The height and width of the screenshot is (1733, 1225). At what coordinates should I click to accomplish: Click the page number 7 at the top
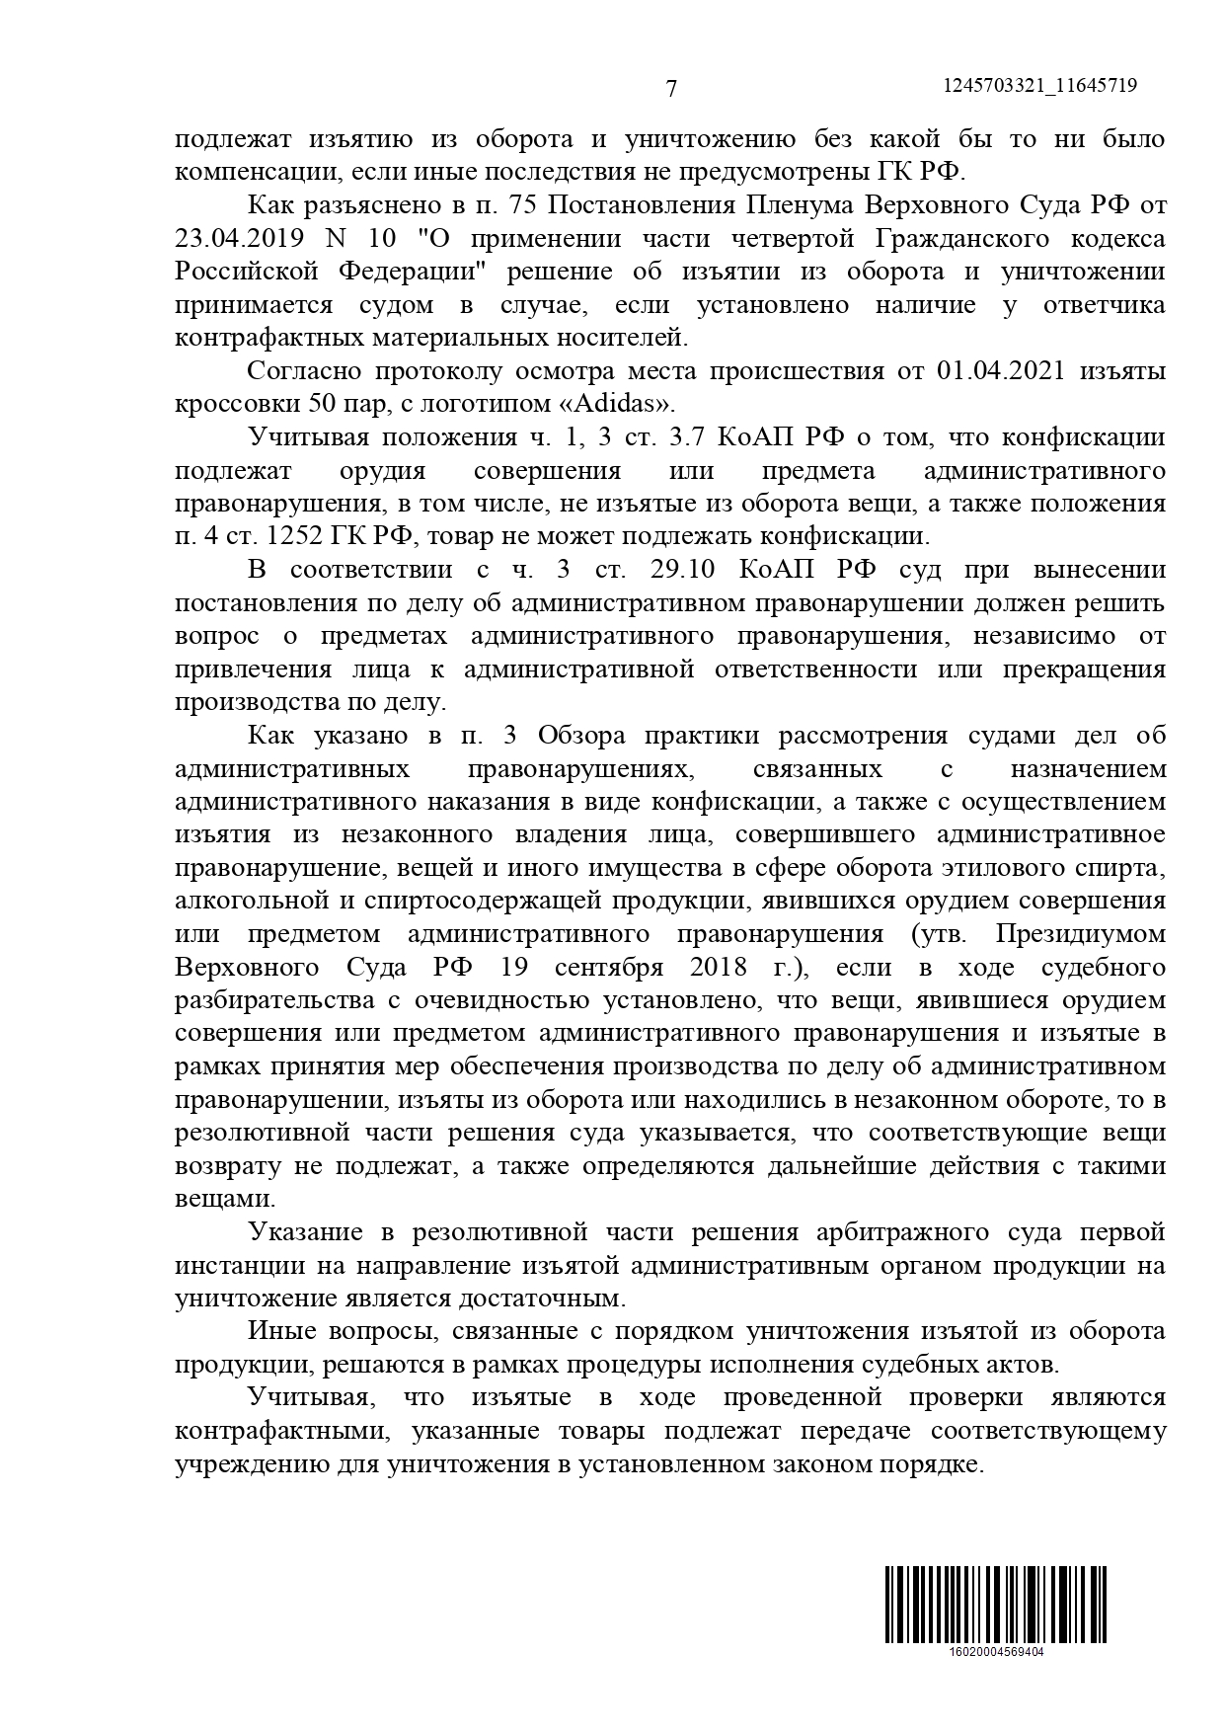pyautogui.click(x=671, y=89)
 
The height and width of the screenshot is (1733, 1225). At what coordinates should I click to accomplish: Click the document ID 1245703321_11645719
pyautogui.click(x=1039, y=86)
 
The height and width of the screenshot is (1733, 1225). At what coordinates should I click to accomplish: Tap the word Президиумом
pyautogui.click(x=1081, y=934)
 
